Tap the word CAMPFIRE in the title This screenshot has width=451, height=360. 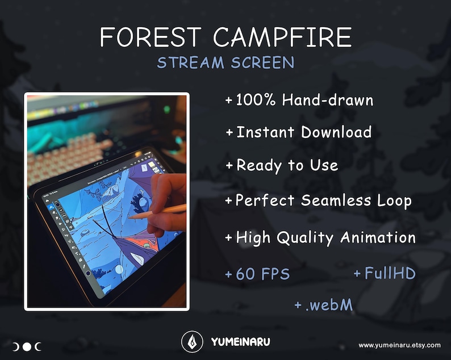[282, 37]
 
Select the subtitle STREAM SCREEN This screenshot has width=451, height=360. [225, 62]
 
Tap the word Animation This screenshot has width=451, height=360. [378, 237]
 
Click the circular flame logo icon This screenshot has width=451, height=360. [192, 342]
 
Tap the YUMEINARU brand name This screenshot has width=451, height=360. [240, 342]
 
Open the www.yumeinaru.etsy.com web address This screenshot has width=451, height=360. [399, 345]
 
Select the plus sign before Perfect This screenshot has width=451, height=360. [229, 201]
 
